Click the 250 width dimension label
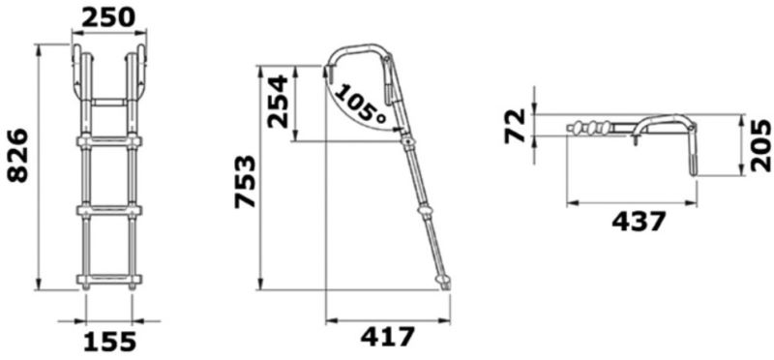[108, 18]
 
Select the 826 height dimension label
[18, 156]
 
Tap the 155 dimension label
[109, 342]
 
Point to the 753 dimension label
[246, 182]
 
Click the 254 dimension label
[277, 102]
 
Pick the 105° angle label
[361, 104]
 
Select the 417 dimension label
[388, 338]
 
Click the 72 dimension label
[515, 127]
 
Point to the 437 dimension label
[639, 222]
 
